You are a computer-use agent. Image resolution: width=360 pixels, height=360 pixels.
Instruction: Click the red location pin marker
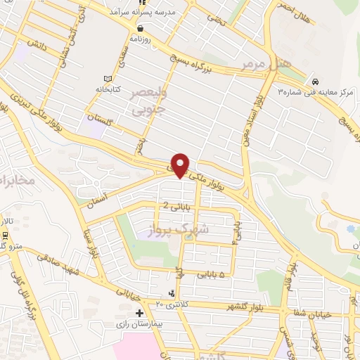[181, 165]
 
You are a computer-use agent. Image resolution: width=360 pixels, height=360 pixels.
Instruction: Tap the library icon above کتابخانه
[108, 78]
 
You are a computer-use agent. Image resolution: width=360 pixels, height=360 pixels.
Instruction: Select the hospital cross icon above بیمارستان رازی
[139, 313]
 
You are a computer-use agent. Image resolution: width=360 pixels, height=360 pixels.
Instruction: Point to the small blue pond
[351, 230]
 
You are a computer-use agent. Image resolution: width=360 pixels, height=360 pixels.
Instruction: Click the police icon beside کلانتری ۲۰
[171, 293]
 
